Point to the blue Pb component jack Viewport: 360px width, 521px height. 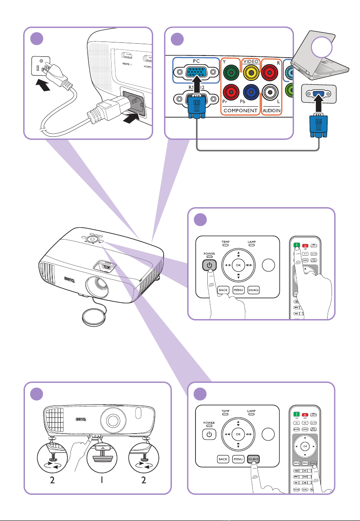tap(251, 94)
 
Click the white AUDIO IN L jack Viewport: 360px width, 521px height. tap(271, 94)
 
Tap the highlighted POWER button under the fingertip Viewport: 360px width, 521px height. tap(209, 265)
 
